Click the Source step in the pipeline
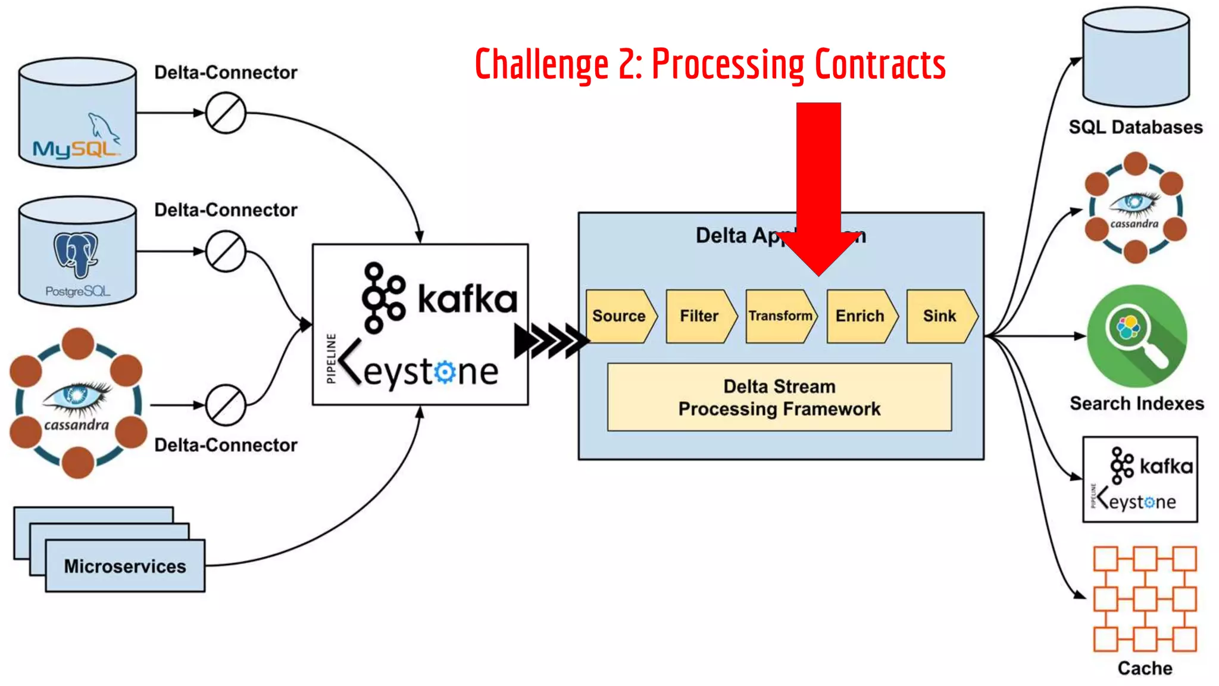coord(619,316)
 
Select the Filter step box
coord(699,316)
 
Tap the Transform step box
coord(780,316)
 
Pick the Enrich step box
coord(860,316)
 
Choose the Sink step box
coord(940,316)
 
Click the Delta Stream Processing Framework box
coord(779,397)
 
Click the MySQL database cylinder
coord(77,113)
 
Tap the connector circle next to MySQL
coord(226,113)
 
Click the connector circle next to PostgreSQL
coord(226,251)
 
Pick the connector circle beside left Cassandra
coord(226,405)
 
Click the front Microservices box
coord(125,566)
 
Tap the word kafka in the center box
coord(467,299)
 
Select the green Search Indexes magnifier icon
coord(1136,336)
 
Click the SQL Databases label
coord(1136,127)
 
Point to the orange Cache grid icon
coord(1145,598)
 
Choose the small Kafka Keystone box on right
coord(1140,479)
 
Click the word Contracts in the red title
coord(880,64)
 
